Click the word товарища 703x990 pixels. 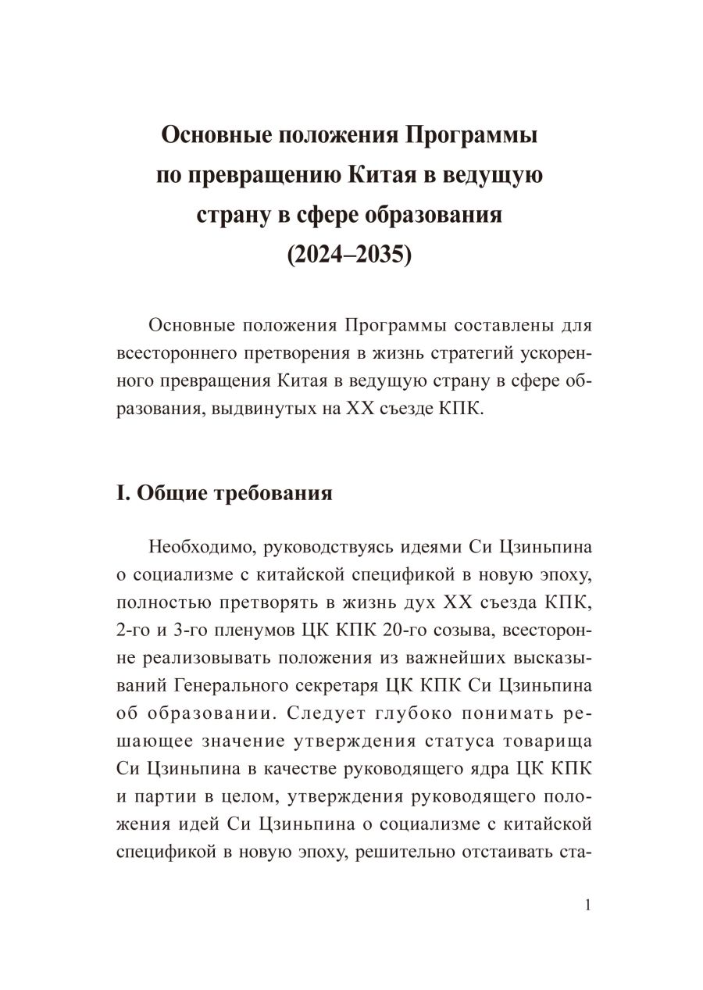546,742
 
